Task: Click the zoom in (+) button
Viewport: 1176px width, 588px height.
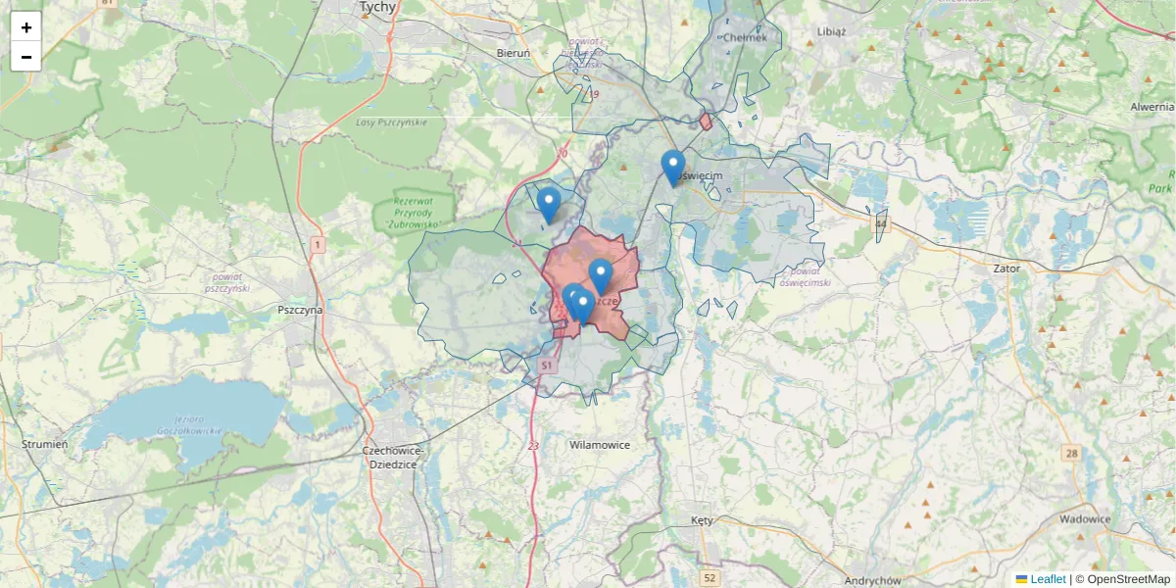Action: point(26,27)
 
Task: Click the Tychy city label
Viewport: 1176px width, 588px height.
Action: point(377,7)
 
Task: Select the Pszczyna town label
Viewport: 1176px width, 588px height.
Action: point(300,310)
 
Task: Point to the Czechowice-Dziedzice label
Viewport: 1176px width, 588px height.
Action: point(392,457)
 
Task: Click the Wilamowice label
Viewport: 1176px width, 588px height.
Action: point(599,445)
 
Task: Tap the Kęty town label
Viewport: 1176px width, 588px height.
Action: point(702,519)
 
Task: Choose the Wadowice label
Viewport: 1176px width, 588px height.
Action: point(1085,519)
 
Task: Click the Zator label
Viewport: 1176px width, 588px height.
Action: point(1005,268)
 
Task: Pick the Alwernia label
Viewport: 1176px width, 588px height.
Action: point(1151,106)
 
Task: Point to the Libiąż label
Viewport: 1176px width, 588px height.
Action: point(831,30)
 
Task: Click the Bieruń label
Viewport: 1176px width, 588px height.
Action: point(514,53)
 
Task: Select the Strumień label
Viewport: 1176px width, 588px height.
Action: point(45,444)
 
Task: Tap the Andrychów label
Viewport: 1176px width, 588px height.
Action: point(872,580)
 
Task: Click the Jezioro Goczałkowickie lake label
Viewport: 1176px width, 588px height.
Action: point(190,424)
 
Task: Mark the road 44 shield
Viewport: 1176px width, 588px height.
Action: point(880,224)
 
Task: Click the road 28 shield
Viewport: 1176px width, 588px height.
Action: point(1071,453)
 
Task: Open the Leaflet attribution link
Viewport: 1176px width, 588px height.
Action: point(1047,579)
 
